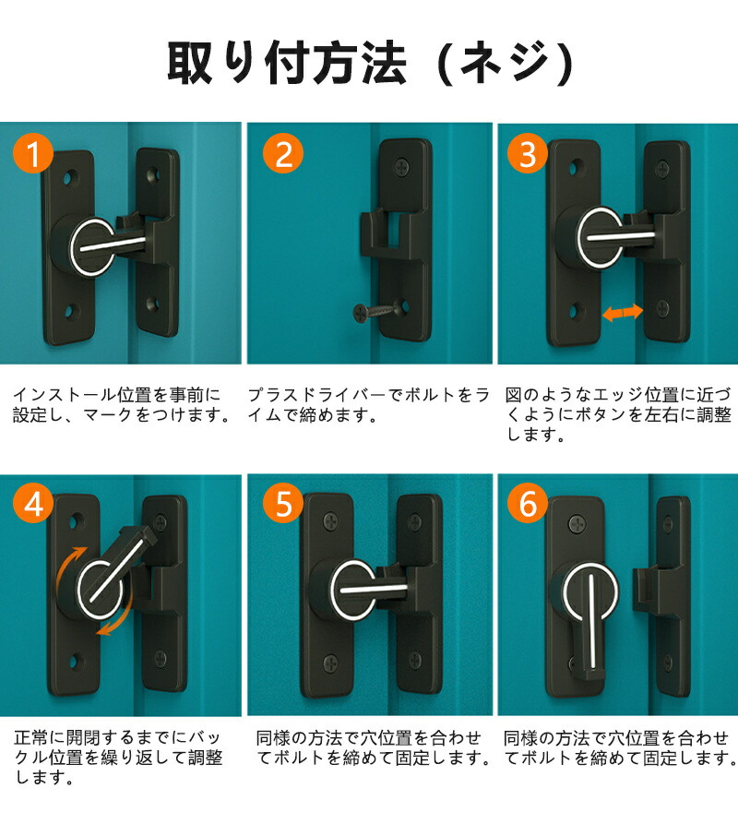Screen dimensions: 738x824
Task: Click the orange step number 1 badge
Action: pyautogui.click(x=33, y=153)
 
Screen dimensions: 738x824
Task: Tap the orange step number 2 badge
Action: pyautogui.click(x=283, y=153)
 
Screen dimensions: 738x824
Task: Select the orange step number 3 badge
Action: pyautogui.click(x=528, y=153)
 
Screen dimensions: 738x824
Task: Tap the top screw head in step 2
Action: pyautogui.click(x=403, y=168)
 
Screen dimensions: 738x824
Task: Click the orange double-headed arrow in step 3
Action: pyautogui.click(x=623, y=312)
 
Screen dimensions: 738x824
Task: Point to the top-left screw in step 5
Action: pyautogui.click(x=332, y=521)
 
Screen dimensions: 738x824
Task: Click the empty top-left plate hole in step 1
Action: pyautogui.click(x=69, y=177)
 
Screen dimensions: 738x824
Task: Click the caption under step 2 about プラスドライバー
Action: pyautogui.click(x=368, y=405)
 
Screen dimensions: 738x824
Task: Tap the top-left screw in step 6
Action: pyautogui.click(x=577, y=523)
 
